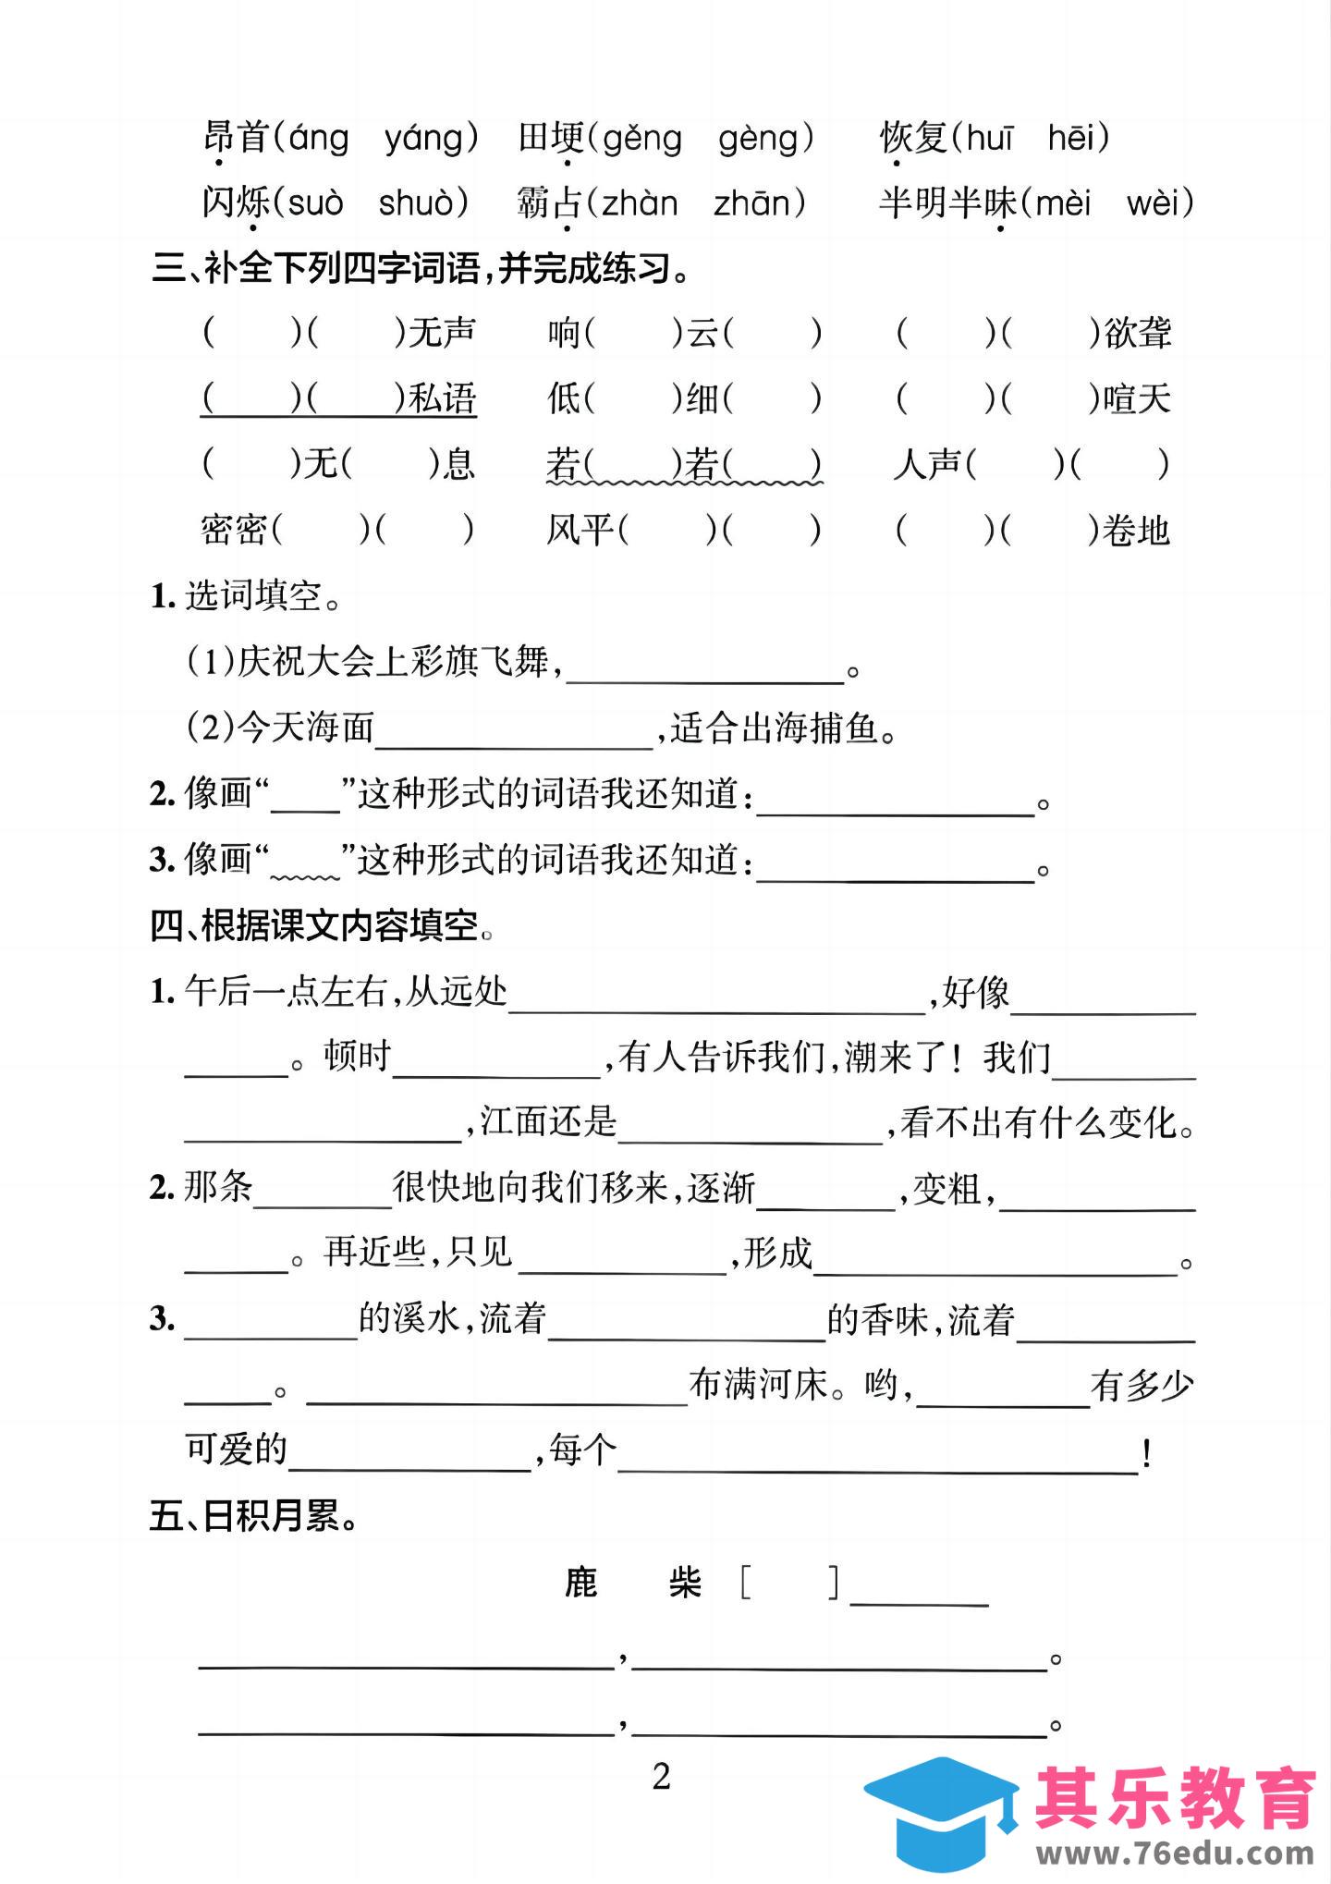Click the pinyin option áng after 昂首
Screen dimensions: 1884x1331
(319, 139)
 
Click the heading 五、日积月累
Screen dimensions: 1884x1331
(254, 1517)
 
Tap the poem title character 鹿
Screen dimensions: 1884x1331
(581, 1584)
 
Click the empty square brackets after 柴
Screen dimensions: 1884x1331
(789, 1584)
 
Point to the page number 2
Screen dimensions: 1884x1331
(662, 1777)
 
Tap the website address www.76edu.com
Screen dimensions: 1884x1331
(1175, 1853)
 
